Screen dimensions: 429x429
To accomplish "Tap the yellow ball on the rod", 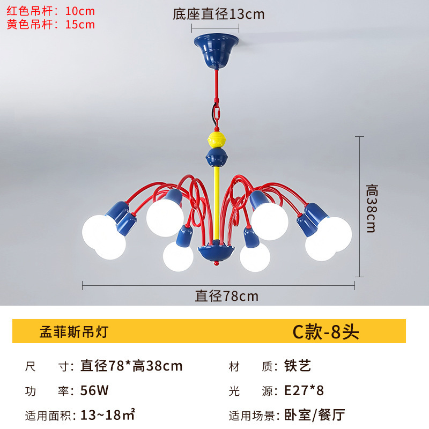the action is (x=216, y=140).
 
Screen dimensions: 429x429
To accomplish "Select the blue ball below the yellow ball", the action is (x=216, y=158).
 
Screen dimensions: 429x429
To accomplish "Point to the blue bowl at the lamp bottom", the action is (x=216, y=252).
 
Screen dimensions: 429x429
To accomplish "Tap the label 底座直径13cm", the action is (x=218, y=14).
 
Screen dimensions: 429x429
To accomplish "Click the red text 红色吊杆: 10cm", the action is (x=50, y=11).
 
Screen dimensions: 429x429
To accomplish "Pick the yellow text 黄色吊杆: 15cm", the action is (x=50, y=24).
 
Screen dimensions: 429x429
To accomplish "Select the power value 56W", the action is (x=94, y=391).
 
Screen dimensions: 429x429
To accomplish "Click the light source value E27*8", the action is (x=304, y=391).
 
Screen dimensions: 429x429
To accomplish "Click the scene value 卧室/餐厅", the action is (x=314, y=415).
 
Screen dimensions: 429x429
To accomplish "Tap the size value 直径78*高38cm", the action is (x=131, y=366).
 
